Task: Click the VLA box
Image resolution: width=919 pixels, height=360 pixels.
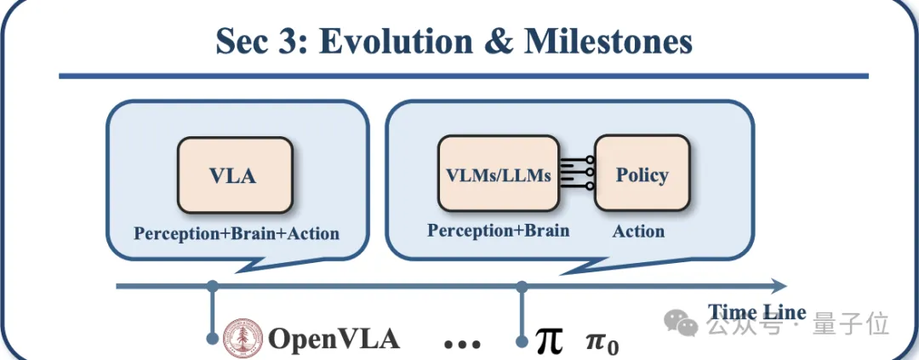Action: (234, 175)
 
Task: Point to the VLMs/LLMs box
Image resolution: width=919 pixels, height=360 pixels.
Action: (498, 175)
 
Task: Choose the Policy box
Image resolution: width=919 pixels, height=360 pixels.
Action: (642, 174)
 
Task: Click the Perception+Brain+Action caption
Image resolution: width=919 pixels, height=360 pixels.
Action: (237, 233)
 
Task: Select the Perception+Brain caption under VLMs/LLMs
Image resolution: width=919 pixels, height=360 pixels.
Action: (498, 231)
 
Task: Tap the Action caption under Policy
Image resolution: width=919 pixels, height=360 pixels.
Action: (638, 231)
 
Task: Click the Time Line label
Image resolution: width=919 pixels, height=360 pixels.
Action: (756, 311)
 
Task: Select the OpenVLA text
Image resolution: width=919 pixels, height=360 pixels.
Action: (334, 339)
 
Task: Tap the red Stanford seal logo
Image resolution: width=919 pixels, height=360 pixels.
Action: (242, 339)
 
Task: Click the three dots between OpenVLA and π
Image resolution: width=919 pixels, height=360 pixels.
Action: (462, 344)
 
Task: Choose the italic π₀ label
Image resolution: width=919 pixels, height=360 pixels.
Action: (602, 342)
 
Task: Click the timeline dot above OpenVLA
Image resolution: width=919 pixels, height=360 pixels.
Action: (212, 285)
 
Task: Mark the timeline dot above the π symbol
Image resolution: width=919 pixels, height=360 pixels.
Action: (521, 285)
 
